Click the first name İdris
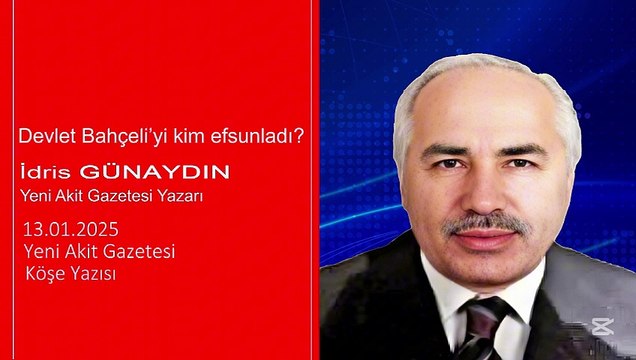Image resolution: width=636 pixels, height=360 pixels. click(42, 173)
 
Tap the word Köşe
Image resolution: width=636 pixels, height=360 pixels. click(41, 271)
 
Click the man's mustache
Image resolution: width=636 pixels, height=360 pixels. click(484, 223)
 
